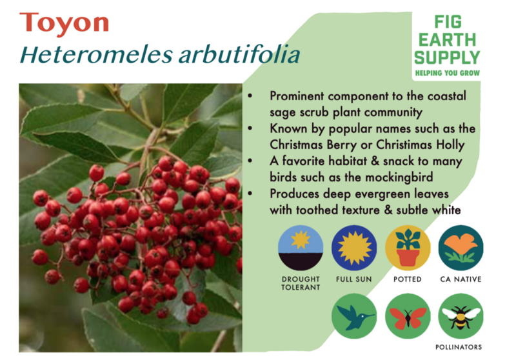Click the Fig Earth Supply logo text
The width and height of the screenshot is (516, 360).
pyautogui.click(x=447, y=40)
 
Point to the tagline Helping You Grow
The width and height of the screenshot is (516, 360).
pyautogui.click(x=447, y=73)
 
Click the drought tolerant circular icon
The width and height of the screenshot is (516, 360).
pyautogui.click(x=300, y=248)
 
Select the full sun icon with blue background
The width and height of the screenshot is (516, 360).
pyautogui.click(x=353, y=248)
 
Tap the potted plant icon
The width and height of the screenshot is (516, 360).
pyautogui.click(x=408, y=248)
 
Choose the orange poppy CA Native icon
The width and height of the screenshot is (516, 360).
pyautogui.click(x=461, y=248)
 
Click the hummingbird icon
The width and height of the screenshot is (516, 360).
pyautogui.click(x=353, y=316)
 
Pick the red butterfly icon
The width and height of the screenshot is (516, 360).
pyautogui.click(x=408, y=316)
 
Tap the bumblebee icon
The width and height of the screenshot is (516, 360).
pyautogui.click(x=461, y=316)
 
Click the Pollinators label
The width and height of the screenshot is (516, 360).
pyautogui.click(x=459, y=347)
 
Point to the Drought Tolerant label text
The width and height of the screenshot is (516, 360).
pyautogui.click(x=301, y=283)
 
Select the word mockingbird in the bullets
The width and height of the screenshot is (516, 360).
pyautogui.click(x=399, y=177)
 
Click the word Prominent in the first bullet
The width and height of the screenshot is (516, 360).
pyautogui.click(x=297, y=96)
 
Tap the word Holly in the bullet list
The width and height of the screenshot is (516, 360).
pyautogui.click(x=450, y=145)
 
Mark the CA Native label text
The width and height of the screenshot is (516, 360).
pyautogui.click(x=461, y=279)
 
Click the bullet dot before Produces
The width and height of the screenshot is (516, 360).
pyautogui.click(x=250, y=194)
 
